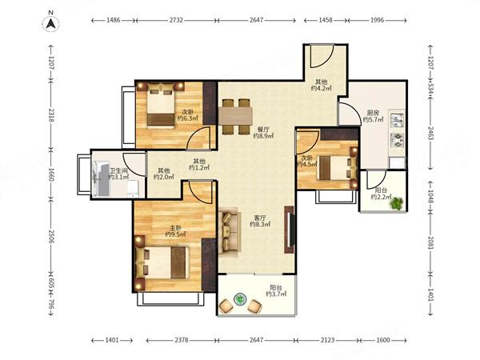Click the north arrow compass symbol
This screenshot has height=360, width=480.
tap(51, 23)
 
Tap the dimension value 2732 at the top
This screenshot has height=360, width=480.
tap(176, 20)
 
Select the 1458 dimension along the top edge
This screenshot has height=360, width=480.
tap(326, 20)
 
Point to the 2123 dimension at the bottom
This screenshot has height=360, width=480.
tap(327, 340)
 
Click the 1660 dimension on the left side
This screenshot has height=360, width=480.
tap(51, 174)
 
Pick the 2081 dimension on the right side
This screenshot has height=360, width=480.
tap(430, 242)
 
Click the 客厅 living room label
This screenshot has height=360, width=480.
tap(260, 218)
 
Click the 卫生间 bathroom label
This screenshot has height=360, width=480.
tap(118, 170)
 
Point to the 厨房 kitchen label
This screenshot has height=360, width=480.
tap(373, 113)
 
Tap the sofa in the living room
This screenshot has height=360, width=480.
tap(228, 231)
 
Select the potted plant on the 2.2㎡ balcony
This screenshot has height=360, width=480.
tap(397, 203)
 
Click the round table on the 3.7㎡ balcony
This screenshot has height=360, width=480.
tap(240, 299)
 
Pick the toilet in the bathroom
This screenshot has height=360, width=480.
tap(133, 189)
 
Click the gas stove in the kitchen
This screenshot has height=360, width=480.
tap(398, 140)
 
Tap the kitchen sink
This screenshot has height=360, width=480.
tap(397, 120)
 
